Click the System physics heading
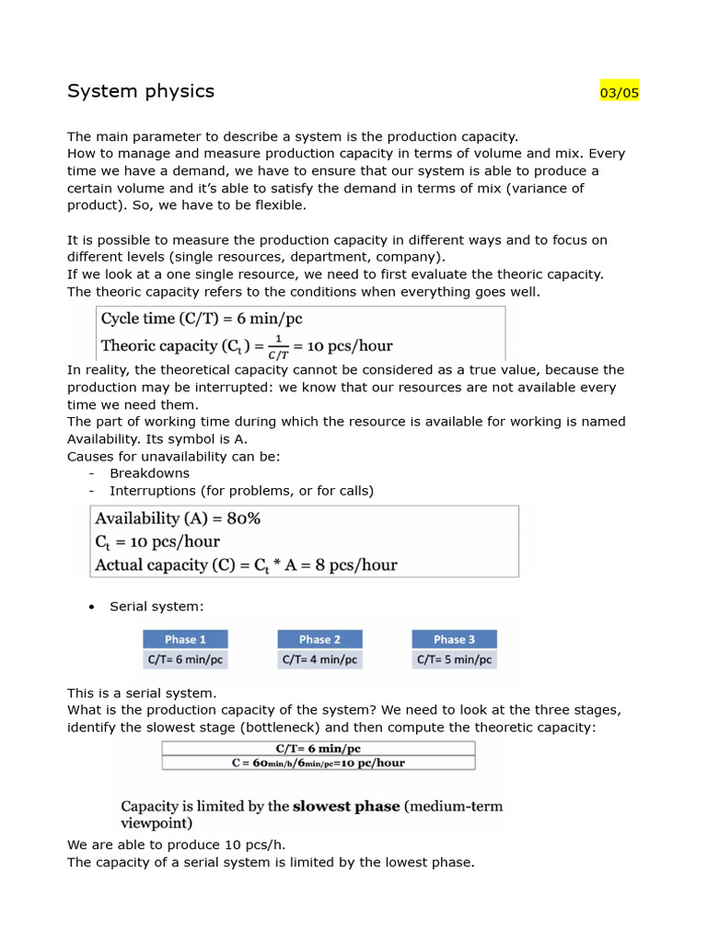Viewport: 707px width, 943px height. [141, 91]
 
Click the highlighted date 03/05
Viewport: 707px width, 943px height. [619, 92]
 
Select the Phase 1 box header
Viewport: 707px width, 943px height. [185, 639]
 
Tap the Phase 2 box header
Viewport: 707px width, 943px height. [319, 639]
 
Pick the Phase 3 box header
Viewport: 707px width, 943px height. [454, 639]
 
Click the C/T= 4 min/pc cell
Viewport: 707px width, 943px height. [319, 659]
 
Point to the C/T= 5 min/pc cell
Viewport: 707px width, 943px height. [454, 659]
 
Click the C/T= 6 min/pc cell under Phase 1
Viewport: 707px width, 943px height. [185, 659]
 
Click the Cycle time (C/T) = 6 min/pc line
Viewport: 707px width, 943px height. [201, 319]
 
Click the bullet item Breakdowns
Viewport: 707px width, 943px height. [149, 473]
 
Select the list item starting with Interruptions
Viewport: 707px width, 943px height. [241, 491]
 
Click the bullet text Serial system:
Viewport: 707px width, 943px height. [156, 606]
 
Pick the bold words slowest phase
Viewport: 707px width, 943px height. [346, 806]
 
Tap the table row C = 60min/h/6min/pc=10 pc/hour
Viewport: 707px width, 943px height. [319, 763]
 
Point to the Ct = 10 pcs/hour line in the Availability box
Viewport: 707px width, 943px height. [157, 541]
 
